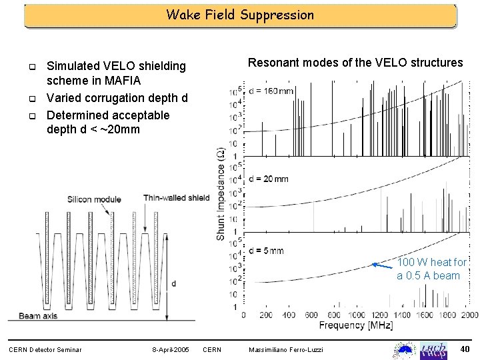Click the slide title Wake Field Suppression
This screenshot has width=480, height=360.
click(240, 15)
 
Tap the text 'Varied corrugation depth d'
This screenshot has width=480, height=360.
click(117, 98)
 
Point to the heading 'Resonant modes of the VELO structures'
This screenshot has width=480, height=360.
click(355, 63)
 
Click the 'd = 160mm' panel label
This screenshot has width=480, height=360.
click(271, 91)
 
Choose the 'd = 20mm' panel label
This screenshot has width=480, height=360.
click(268, 179)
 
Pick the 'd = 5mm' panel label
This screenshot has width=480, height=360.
click(265, 251)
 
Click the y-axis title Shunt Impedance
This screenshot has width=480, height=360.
click(221, 193)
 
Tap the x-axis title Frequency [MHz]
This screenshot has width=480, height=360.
click(355, 326)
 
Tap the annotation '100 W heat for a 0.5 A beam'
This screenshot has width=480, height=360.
click(431, 269)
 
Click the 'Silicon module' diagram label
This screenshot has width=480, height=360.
click(93, 199)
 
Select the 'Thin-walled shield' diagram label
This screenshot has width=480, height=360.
click(176, 197)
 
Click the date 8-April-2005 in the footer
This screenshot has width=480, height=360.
click(171, 349)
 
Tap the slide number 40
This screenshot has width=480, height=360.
click(465, 349)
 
